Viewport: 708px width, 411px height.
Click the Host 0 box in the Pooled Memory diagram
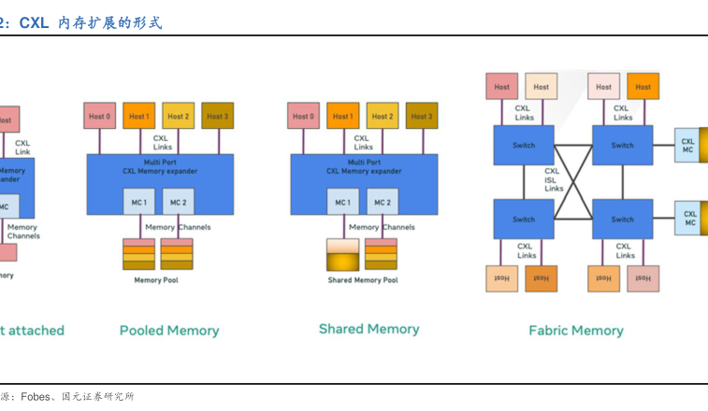click(x=99, y=117)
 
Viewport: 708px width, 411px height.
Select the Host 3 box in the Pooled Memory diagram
click(x=217, y=117)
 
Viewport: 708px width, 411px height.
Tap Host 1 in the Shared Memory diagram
click(x=342, y=117)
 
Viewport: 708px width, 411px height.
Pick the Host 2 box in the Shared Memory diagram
click(x=383, y=117)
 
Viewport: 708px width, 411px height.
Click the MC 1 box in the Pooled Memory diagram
click(x=138, y=202)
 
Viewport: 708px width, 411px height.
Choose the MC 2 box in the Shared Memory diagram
click(x=382, y=202)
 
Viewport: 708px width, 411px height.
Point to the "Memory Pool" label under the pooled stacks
click(x=155, y=280)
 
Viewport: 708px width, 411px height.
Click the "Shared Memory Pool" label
click(x=362, y=280)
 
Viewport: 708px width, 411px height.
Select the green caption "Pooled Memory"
click(x=169, y=331)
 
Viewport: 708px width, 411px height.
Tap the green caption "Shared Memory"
click(x=368, y=329)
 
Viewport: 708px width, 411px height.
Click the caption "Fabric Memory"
click(x=575, y=330)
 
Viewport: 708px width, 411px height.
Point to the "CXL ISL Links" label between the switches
click(x=554, y=179)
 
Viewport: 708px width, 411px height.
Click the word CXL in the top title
click(x=34, y=22)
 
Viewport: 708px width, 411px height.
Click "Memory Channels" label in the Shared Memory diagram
click(x=382, y=227)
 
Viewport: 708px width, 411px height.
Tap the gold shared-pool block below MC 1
click(x=342, y=255)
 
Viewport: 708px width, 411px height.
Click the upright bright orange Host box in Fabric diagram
click(x=643, y=87)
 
